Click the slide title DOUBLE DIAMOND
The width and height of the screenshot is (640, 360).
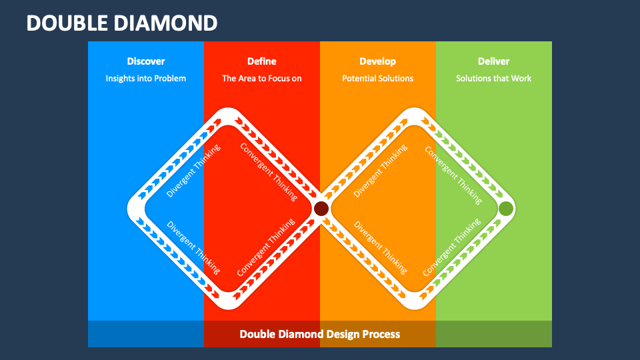tap(122, 23)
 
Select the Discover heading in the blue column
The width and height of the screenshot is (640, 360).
tap(145, 61)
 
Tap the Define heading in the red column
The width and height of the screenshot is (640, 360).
tap(261, 61)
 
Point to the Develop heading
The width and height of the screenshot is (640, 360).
tap(377, 61)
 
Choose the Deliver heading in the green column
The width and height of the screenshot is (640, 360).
tap(493, 61)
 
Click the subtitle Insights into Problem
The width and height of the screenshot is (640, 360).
tap(145, 78)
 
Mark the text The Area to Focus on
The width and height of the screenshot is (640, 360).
tap(261, 78)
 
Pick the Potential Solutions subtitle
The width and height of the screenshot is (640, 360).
tap(377, 78)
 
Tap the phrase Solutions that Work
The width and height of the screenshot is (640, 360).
tap(493, 78)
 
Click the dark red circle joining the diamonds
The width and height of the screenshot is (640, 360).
tap(321, 209)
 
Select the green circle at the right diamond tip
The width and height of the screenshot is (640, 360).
tap(506, 209)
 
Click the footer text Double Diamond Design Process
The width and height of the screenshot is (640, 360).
tap(320, 334)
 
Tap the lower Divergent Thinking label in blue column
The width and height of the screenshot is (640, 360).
tap(193, 247)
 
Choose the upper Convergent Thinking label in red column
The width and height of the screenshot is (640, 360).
tap(269, 171)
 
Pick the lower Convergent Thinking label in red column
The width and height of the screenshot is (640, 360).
tap(266, 247)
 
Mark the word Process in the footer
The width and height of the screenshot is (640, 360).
tap(381, 334)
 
